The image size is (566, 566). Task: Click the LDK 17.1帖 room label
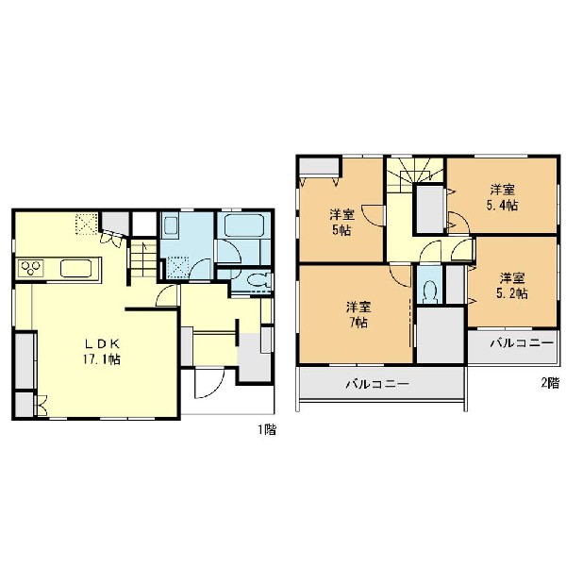coord(102,352)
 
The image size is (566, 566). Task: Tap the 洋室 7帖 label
coord(358,314)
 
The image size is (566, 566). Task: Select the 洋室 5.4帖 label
coord(504,197)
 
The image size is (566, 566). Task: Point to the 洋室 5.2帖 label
coord(512,286)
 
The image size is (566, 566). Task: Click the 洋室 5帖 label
coord(341,223)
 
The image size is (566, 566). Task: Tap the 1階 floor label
coord(267,430)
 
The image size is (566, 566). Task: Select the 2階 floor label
coord(549,383)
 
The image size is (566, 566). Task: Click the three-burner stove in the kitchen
coord(31,268)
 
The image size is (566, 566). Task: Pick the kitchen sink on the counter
coord(75,268)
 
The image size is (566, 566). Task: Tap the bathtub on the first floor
coord(243,226)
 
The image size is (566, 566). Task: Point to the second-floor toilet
coord(429,291)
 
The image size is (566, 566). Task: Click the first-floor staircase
coord(143,259)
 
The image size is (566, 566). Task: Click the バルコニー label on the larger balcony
coord(377,383)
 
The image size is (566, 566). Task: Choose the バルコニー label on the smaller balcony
coord(522,343)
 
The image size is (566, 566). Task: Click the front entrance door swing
coord(209,383)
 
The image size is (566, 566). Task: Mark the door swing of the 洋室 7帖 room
coord(401,276)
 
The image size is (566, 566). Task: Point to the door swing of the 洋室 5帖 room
coord(373,215)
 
